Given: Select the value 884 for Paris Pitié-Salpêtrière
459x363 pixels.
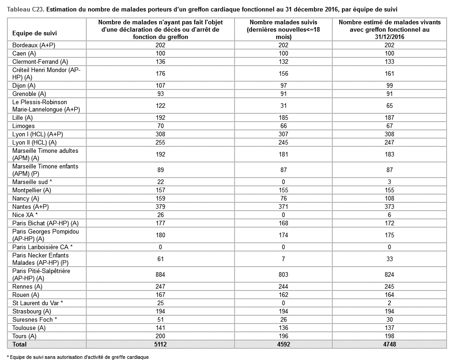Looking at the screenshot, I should coord(160,275).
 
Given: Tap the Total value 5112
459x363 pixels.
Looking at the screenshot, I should coord(160,344).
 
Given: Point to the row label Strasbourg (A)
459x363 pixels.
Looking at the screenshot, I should coord(32,311).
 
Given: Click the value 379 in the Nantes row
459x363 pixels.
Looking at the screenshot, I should coord(160,207).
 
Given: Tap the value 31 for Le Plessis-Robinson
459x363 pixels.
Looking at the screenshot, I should coord(284,106).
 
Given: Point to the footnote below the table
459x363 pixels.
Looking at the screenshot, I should coord(78,357).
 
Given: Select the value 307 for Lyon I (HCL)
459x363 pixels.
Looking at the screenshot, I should coord(284,134).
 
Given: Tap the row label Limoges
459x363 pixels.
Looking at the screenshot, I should coord(24,126).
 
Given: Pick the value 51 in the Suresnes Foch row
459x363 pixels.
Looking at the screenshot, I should coord(160,319).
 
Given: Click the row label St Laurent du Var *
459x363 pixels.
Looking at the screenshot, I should coord(38,303).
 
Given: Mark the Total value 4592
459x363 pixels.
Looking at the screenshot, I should coord(284,344).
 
